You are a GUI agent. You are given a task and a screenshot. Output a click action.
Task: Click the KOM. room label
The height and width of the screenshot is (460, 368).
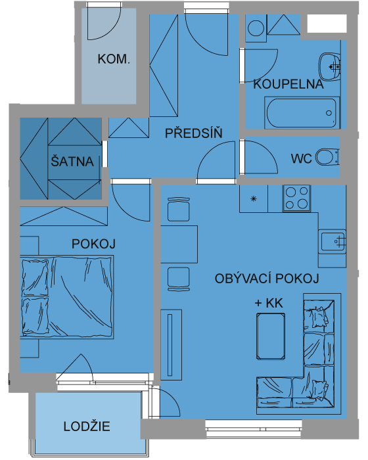coord(114,59)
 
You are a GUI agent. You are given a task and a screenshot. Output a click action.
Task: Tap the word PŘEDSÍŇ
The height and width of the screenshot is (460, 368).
coord(194,133)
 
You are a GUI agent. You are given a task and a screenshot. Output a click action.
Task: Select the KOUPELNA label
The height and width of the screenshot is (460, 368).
coord(288,84)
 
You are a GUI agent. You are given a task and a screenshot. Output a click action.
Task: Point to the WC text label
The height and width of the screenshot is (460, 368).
coord(302,159)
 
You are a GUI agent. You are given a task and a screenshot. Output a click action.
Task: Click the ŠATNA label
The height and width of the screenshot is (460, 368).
coord(72,162)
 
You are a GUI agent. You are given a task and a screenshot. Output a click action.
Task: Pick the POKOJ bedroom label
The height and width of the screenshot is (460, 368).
coord(93,244)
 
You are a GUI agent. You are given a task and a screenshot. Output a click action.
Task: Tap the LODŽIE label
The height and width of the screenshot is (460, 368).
coord(87,426)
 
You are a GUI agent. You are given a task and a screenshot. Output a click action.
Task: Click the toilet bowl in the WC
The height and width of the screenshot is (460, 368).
coord(327,157)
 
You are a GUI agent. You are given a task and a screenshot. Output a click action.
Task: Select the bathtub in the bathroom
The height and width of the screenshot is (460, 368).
coord(302,113)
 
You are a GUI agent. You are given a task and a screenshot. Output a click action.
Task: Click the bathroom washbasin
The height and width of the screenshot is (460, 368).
coord(329,66)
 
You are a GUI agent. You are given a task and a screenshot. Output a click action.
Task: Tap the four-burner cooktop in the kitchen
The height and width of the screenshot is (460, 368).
coord(296,198)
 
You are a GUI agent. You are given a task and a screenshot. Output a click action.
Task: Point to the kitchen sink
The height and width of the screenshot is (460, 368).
coord(333,241)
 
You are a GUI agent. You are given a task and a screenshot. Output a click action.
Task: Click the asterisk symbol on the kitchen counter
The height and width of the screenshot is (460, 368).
coord(254,199)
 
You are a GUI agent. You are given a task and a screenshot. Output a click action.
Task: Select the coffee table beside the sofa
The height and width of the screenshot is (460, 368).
coord(271,336)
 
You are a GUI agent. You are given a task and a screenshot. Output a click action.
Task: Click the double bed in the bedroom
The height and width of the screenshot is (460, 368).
coord(67,297)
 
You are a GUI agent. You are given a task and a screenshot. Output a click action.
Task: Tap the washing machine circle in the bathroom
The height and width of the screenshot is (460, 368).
coord(256,28)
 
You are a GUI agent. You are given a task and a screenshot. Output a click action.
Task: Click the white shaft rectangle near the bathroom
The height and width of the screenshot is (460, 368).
coord(327,24)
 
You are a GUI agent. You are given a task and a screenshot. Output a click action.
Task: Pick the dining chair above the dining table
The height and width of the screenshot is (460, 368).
coord(179,209)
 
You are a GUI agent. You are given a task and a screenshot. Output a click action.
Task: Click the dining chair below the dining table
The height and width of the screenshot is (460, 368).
coord(179,279)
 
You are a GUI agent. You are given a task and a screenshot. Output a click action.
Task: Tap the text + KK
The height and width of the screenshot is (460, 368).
coord(269,303)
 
